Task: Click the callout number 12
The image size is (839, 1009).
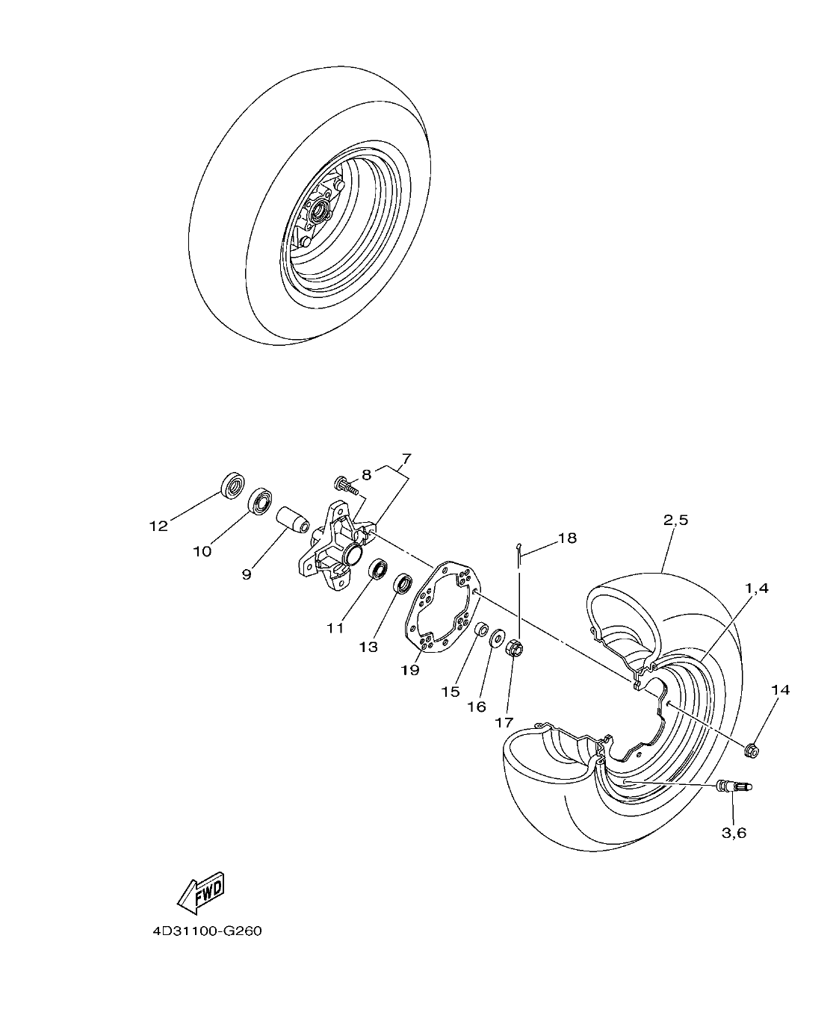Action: (158, 526)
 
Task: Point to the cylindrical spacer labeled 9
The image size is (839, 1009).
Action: (292, 520)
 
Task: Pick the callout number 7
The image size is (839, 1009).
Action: (406, 458)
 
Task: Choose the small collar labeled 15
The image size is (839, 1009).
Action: (480, 628)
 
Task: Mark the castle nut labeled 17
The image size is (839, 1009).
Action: (514, 648)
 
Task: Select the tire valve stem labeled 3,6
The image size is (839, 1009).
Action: (734, 786)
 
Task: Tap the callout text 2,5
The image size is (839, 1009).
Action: (675, 521)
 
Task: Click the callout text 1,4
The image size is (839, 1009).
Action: (755, 589)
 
